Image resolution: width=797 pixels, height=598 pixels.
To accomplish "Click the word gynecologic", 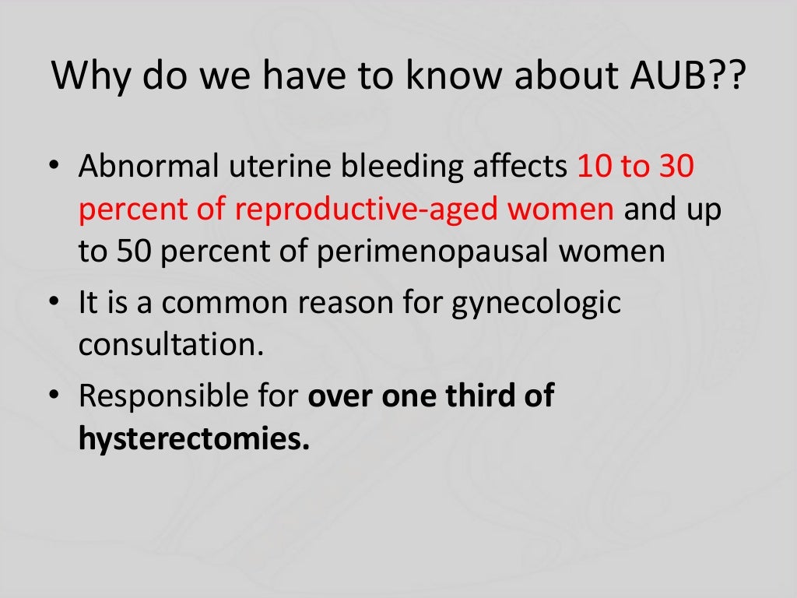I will (536, 302).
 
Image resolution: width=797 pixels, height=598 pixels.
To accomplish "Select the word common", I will (226, 302).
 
